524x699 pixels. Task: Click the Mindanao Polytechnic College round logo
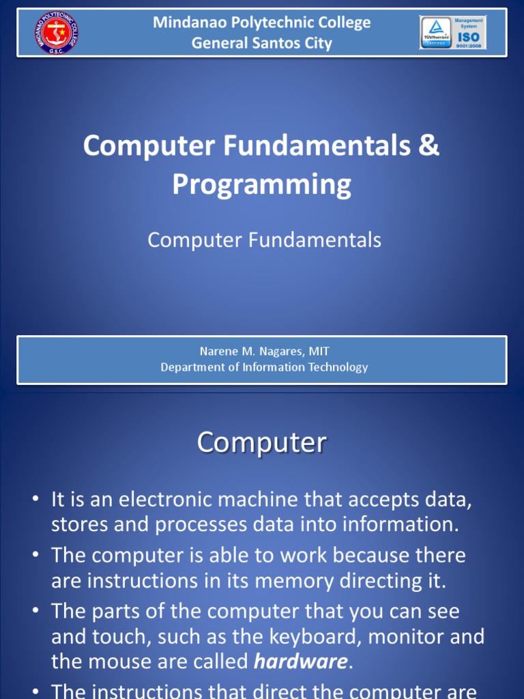coord(55,33)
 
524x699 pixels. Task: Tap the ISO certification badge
coord(452,33)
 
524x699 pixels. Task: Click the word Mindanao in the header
coord(187,23)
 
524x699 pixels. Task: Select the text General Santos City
coord(261,43)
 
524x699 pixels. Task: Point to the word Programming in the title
coord(261,184)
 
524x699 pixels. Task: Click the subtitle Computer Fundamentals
coord(264,240)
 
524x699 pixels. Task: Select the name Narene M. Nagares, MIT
coord(264,352)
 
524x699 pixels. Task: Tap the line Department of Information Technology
coord(264,367)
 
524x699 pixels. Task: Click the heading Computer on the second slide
coord(261,442)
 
